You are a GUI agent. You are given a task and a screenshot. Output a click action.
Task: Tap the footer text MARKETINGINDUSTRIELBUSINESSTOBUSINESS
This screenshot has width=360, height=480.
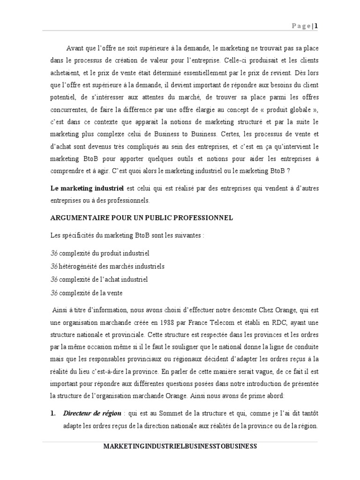(180, 446)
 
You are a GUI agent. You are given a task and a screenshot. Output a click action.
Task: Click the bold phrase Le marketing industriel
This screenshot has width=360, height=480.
(86, 188)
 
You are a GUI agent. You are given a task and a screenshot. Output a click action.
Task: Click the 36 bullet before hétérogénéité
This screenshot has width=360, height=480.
(54, 266)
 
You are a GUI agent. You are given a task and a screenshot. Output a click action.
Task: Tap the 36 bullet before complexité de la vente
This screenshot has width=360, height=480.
(54, 292)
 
